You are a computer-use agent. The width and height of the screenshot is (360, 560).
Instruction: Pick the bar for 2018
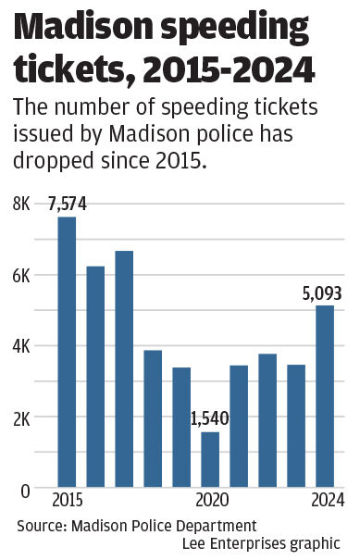click(153, 418)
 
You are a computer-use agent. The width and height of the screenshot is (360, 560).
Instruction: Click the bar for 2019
click(181, 427)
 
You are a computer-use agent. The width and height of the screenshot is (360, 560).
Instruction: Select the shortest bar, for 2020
click(210, 459)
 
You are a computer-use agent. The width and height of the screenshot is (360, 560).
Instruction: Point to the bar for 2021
click(239, 426)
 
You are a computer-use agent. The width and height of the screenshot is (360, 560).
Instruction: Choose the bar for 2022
click(267, 420)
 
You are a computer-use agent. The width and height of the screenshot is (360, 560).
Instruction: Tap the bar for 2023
click(296, 426)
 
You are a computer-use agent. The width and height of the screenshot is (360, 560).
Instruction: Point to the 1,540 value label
click(210, 419)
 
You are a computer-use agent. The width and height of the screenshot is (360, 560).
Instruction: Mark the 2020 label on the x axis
click(212, 501)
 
